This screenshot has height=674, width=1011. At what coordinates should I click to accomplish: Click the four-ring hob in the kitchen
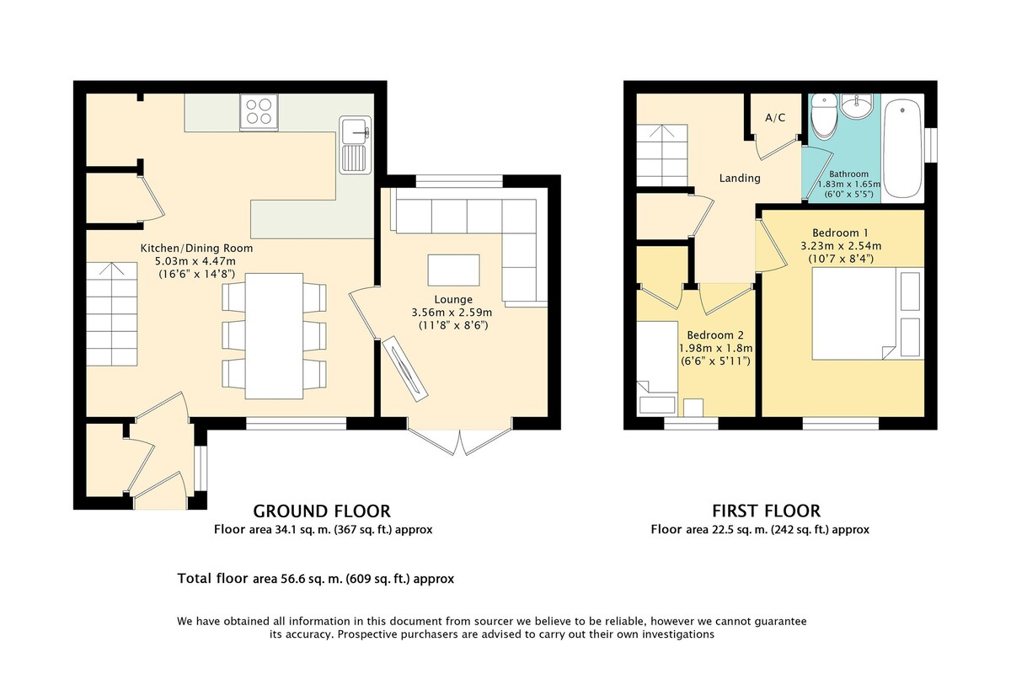point(259,112)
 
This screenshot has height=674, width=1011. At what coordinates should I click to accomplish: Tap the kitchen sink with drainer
point(356,145)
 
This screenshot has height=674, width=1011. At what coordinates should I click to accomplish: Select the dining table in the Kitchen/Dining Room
point(274,336)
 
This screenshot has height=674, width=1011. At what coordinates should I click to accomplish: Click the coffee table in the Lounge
point(453,270)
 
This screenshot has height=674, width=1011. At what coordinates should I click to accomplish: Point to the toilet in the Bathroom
point(824,115)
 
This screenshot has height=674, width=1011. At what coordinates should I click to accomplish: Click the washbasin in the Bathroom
point(857,106)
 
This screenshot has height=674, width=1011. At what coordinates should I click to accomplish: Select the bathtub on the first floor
point(902,148)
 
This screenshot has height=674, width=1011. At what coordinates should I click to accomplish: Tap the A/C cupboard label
point(775,118)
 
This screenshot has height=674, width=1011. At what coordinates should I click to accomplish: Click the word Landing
point(740,179)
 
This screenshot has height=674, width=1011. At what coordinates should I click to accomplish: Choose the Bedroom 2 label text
point(715,335)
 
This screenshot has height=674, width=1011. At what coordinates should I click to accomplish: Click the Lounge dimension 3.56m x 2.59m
point(452,313)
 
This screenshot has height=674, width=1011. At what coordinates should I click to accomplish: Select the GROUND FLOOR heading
point(322,511)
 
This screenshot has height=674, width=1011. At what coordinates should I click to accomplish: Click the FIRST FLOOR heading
point(767,511)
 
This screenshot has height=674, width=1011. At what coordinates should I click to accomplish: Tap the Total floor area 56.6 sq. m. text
point(315,578)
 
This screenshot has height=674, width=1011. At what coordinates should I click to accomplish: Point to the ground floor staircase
point(112,313)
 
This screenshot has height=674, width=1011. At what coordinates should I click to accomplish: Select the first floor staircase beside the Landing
point(662,155)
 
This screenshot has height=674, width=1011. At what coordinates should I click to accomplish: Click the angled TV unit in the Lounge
point(405,369)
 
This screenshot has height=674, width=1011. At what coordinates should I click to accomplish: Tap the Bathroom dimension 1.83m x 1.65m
point(849,185)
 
